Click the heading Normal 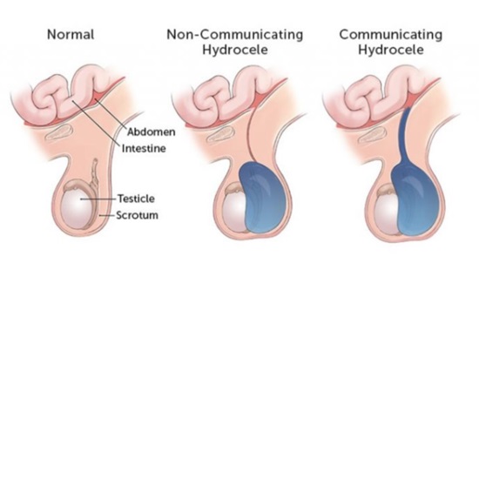(71, 34)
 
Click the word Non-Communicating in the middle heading (235, 34)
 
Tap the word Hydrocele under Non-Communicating (235, 50)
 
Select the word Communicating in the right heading (391, 34)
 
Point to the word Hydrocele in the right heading (391, 50)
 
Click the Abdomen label (152, 132)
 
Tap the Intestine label (144, 148)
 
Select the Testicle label (136, 199)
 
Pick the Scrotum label (137, 215)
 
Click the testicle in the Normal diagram (77, 208)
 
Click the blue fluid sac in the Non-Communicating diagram (263, 198)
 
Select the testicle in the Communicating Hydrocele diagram (388, 214)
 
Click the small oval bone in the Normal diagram (59, 132)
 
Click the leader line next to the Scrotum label (107, 215)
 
